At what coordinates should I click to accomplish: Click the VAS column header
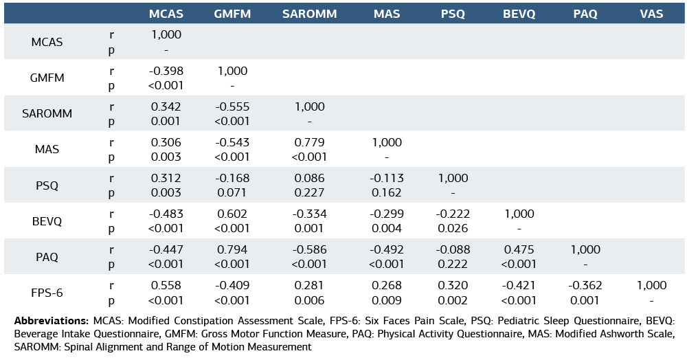pyautogui.click(x=651, y=14)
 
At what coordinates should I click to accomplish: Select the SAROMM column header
pyautogui.click(x=309, y=14)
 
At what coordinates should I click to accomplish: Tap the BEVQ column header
pyautogui.click(x=519, y=14)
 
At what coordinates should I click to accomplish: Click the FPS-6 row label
pyautogui.click(x=47, y=293)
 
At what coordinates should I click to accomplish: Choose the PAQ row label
pyautogui.click(x=47, y=257)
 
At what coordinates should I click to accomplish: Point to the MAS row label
pyautogui.click(x=47, y=149)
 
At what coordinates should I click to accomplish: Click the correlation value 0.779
pyautogui.click(x=309, y=142)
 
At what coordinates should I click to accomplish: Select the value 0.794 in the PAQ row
pyautogui.click(x=232, y=249)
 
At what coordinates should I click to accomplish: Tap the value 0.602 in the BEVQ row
pyautogui.click(x=232, y=214)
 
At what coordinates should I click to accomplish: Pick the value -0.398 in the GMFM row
pyautogui.click(x=166, y=71)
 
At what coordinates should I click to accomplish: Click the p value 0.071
pyautogui.click(x=232, y=192)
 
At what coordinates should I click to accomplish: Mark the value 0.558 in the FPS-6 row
pyautogui.click(x=166, y=285)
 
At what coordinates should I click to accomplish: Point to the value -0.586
pyautogui.click(x=309, y=249)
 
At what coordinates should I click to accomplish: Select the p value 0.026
pyautogui.click(x=453, y=228)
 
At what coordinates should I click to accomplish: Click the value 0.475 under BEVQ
pyautogui.click(x=519, y=249)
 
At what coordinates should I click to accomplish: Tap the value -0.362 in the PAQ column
pyautogui.click(x=585, y=285)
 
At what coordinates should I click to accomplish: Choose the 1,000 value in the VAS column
pyautogui.click(x=651, y=285)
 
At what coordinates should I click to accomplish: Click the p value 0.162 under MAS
pyautogui.click(x=387, y=192)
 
